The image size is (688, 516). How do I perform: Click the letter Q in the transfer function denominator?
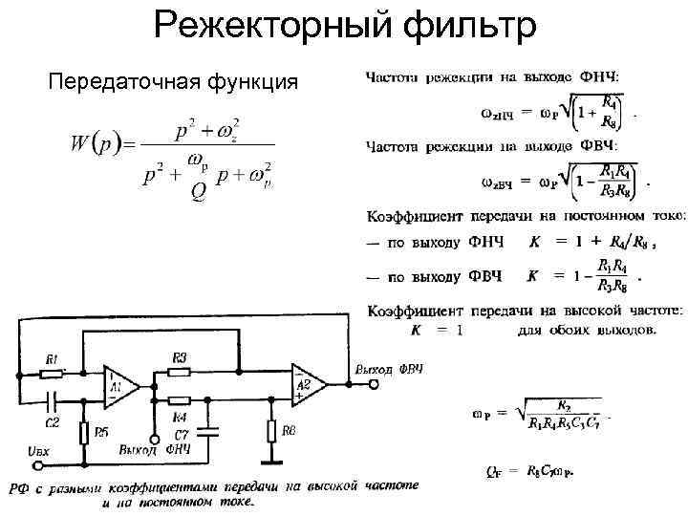coord(199,192)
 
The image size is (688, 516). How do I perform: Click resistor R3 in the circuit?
coord(181,372)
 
